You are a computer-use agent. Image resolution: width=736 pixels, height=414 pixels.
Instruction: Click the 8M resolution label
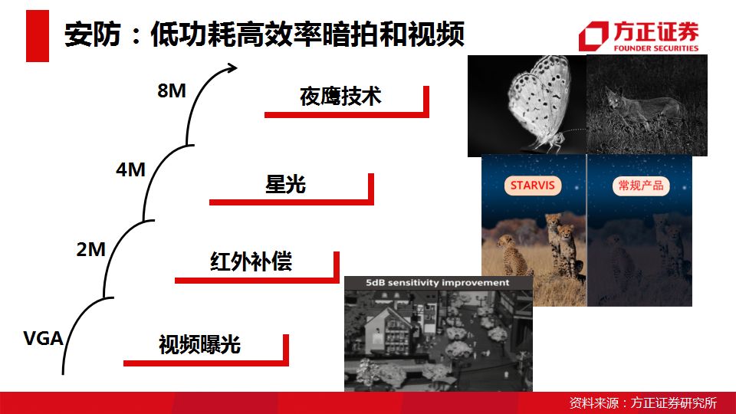[172, 90]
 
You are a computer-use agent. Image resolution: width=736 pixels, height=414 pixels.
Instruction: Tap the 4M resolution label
[131, 169]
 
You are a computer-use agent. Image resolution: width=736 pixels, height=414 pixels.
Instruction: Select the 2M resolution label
[91, 249]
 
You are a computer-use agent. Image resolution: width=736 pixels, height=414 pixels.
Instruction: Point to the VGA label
[43, 338]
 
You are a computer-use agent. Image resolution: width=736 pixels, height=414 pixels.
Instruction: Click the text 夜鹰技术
[340, 97]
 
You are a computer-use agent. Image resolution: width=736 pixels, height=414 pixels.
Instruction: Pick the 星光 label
[285, 184]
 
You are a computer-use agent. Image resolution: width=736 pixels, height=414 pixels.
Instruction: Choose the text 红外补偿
[251, 261]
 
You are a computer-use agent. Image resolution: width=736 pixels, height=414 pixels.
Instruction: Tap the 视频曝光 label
[199, 344]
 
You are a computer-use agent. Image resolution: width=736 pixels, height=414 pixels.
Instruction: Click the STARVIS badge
[533, 186]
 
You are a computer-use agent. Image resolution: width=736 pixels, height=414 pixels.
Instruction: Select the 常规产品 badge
[641, 186]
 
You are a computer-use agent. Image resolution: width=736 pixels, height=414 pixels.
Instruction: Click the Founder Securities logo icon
[593, 36]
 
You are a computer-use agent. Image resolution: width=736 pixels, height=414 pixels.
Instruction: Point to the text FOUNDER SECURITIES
[655, 48]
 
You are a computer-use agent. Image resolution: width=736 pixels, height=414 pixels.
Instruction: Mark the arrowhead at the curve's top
[232, 68]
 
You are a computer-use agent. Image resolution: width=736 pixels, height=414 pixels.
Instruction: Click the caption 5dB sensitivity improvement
[438, 283]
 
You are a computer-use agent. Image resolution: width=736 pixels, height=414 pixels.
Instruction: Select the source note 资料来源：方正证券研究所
[643, 402]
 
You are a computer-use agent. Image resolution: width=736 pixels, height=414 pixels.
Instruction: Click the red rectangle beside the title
[38, 36]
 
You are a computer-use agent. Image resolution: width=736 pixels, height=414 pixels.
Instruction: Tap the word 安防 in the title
[93, 34]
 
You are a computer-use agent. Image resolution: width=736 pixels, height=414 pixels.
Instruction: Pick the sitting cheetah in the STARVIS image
[513, 256]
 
